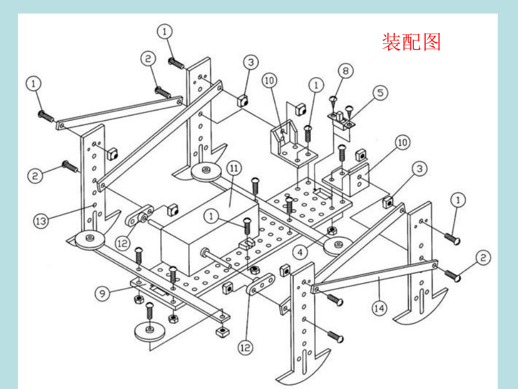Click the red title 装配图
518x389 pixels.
(x=411, y=42)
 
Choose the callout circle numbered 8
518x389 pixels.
(x=345, y=71)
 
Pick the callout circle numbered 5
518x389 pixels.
(x=381, y=92)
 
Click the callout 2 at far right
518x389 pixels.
(x=482, y=258)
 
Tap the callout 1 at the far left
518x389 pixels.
(x=34, y=83)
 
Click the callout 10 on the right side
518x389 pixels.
(x=402, y=143)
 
